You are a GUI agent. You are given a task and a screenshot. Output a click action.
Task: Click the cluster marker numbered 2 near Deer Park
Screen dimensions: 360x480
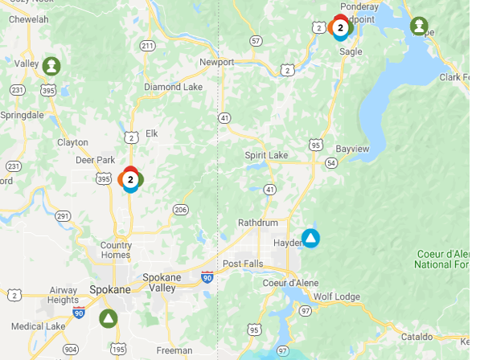130,179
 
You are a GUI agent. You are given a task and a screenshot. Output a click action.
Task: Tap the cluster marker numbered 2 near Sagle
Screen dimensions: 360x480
341,28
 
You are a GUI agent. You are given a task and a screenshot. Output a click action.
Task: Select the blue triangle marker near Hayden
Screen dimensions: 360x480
310,239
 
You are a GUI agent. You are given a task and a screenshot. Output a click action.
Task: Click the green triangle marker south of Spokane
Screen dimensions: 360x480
108,318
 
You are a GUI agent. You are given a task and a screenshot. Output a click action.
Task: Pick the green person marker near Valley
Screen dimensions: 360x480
51,65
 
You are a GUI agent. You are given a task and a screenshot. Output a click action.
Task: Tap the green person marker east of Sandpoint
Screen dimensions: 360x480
419,27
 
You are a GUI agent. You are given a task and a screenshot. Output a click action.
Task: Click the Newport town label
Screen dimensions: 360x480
217,62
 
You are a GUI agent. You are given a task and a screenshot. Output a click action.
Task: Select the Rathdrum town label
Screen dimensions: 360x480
257,223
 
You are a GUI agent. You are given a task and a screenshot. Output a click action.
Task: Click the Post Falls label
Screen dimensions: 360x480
243,264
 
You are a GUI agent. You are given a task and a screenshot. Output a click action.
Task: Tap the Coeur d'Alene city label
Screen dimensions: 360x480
292,283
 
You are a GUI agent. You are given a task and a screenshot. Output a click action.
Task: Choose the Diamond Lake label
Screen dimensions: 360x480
174,87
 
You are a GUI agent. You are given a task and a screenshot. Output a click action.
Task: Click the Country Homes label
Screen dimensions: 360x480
116,250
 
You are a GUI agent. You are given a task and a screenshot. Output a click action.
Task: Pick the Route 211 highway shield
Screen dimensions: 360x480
147,46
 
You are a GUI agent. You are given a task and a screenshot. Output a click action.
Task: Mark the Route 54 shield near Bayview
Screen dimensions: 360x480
331,163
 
